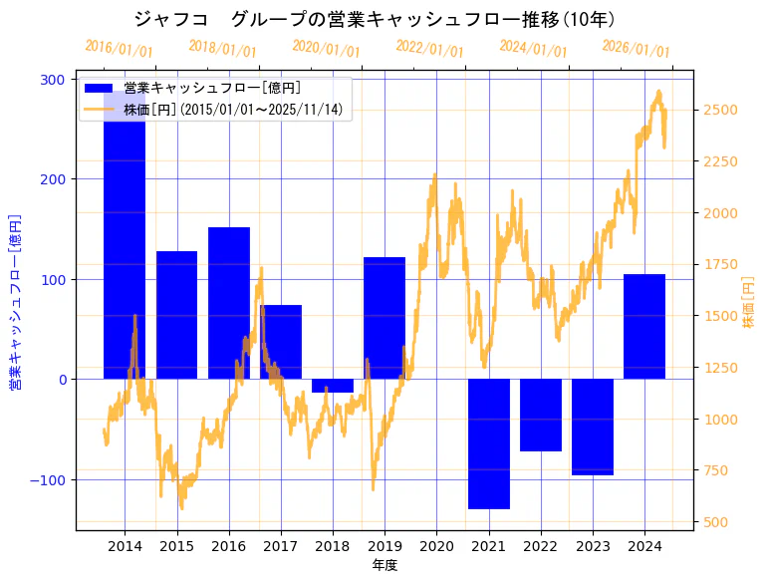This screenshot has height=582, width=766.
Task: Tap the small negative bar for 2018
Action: tap(333, 386)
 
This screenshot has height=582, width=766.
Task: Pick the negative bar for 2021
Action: tap(489, 443)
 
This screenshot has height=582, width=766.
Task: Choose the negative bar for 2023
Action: tap(593, 427)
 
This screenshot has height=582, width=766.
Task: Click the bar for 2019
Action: tap(384, 318)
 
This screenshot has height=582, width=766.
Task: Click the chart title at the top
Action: tap(374, 20)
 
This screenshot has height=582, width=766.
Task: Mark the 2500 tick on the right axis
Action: tap(720, 110)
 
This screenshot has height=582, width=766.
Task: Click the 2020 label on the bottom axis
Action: tap(436, 546)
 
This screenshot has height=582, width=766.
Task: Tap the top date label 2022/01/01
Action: tap(429, 49)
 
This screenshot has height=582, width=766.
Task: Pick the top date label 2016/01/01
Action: tap(119, 49)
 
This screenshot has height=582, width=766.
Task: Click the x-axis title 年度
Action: tap(384, 565)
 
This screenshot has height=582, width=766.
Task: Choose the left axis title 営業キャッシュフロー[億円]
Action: tap(15, 300)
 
